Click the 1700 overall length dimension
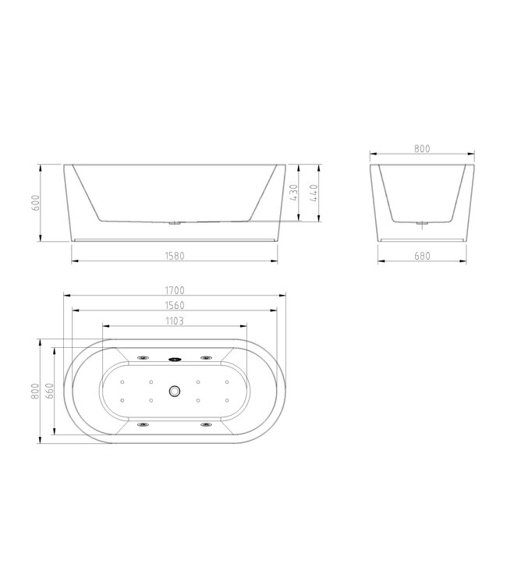pos(175,290)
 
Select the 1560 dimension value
pos(175,306)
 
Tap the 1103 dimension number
pos(175,321)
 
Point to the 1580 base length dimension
pos(175,255)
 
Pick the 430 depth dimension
pos(294,193)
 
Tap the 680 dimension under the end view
pos(424,255)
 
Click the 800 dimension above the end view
pos(424,148)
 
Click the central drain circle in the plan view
pos(175,391)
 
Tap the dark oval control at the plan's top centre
pos(175,359)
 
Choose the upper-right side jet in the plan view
pos(206,358)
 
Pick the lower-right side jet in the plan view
pos(206,425)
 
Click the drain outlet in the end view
pos(424,225)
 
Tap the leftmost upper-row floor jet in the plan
pos(122,382)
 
